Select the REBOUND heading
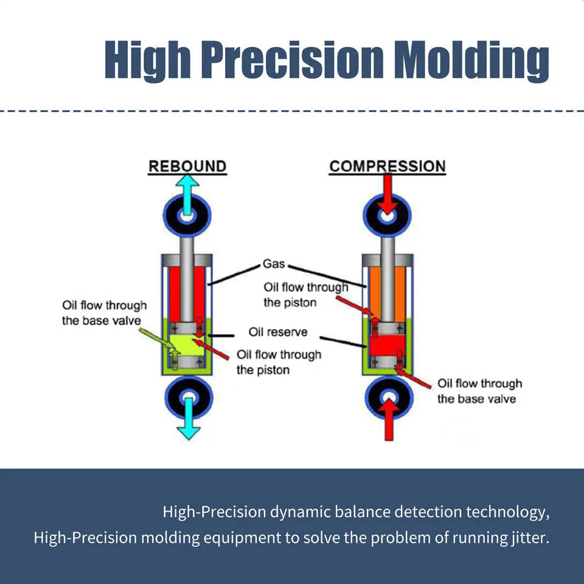187,166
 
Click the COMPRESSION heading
387,166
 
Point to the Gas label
274,264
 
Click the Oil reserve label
278,332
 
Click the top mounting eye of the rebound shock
187,216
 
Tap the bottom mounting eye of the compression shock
388,398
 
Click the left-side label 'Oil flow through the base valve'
104,312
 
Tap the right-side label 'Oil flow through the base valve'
479,391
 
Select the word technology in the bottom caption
506,512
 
